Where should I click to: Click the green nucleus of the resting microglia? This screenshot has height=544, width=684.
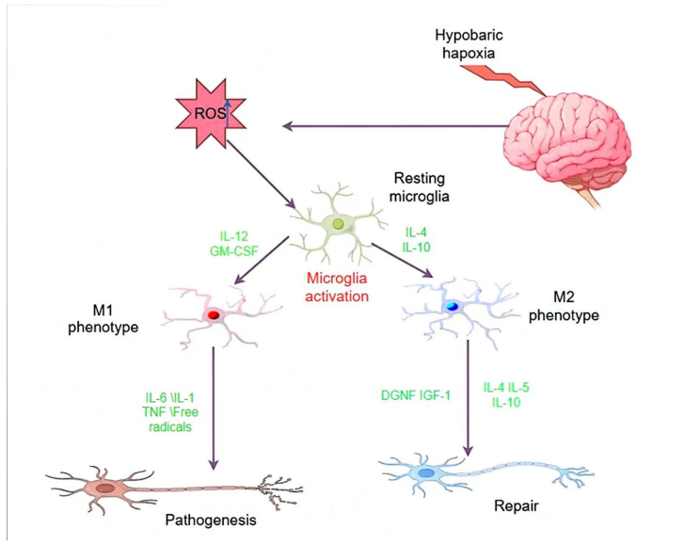pos(338,224)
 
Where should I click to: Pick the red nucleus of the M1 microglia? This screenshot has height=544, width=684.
pos(215,314)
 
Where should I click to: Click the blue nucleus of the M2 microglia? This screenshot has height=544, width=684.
pos(453,306)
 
